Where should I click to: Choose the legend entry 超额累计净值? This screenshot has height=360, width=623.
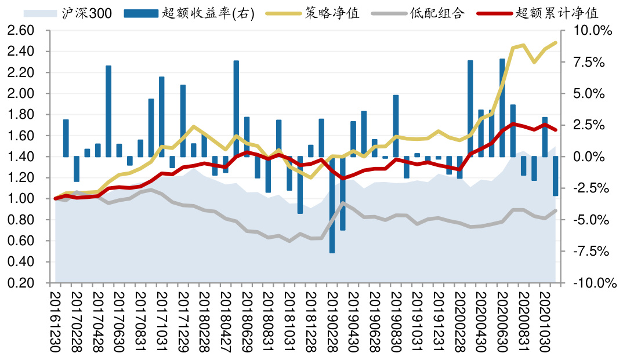[x=556, y=13]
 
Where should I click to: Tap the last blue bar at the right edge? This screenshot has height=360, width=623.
[x=555, y=176]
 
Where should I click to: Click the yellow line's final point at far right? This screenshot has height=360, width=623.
[x=556, y=42]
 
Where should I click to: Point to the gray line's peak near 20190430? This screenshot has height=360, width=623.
[x=343, y=203]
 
